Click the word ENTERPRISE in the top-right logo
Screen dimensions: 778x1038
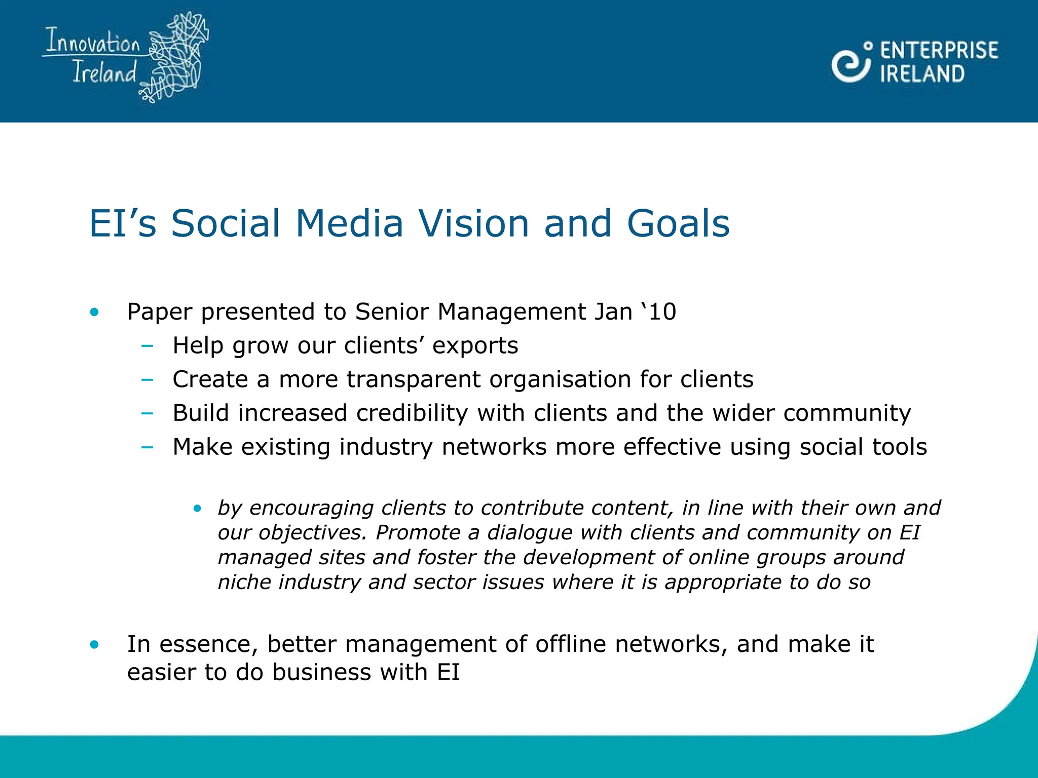[x=939, y=51]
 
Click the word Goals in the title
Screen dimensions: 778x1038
[x=678, y=223]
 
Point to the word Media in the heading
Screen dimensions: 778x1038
[x=349, y=223]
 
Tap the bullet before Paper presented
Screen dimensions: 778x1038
[x=94, y=312]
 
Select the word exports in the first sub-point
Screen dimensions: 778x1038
[x=475, y=345]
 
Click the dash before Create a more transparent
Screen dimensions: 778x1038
[x=147, y=379]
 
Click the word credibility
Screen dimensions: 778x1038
[x=412, y=413]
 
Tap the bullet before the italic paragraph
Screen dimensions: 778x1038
[x=198, y=508]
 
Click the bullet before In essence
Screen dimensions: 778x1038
[x=94, y=645]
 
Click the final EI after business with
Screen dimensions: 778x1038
[x=448, y=673]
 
